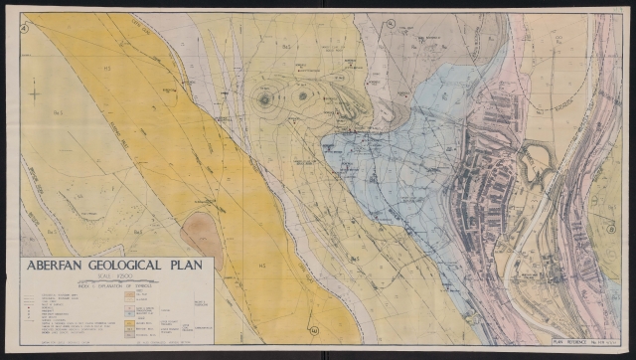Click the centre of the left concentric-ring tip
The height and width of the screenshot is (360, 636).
tap(265, 97)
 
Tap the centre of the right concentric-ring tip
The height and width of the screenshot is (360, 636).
tap(300, 97)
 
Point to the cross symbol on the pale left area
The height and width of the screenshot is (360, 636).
tap(36, 93)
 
